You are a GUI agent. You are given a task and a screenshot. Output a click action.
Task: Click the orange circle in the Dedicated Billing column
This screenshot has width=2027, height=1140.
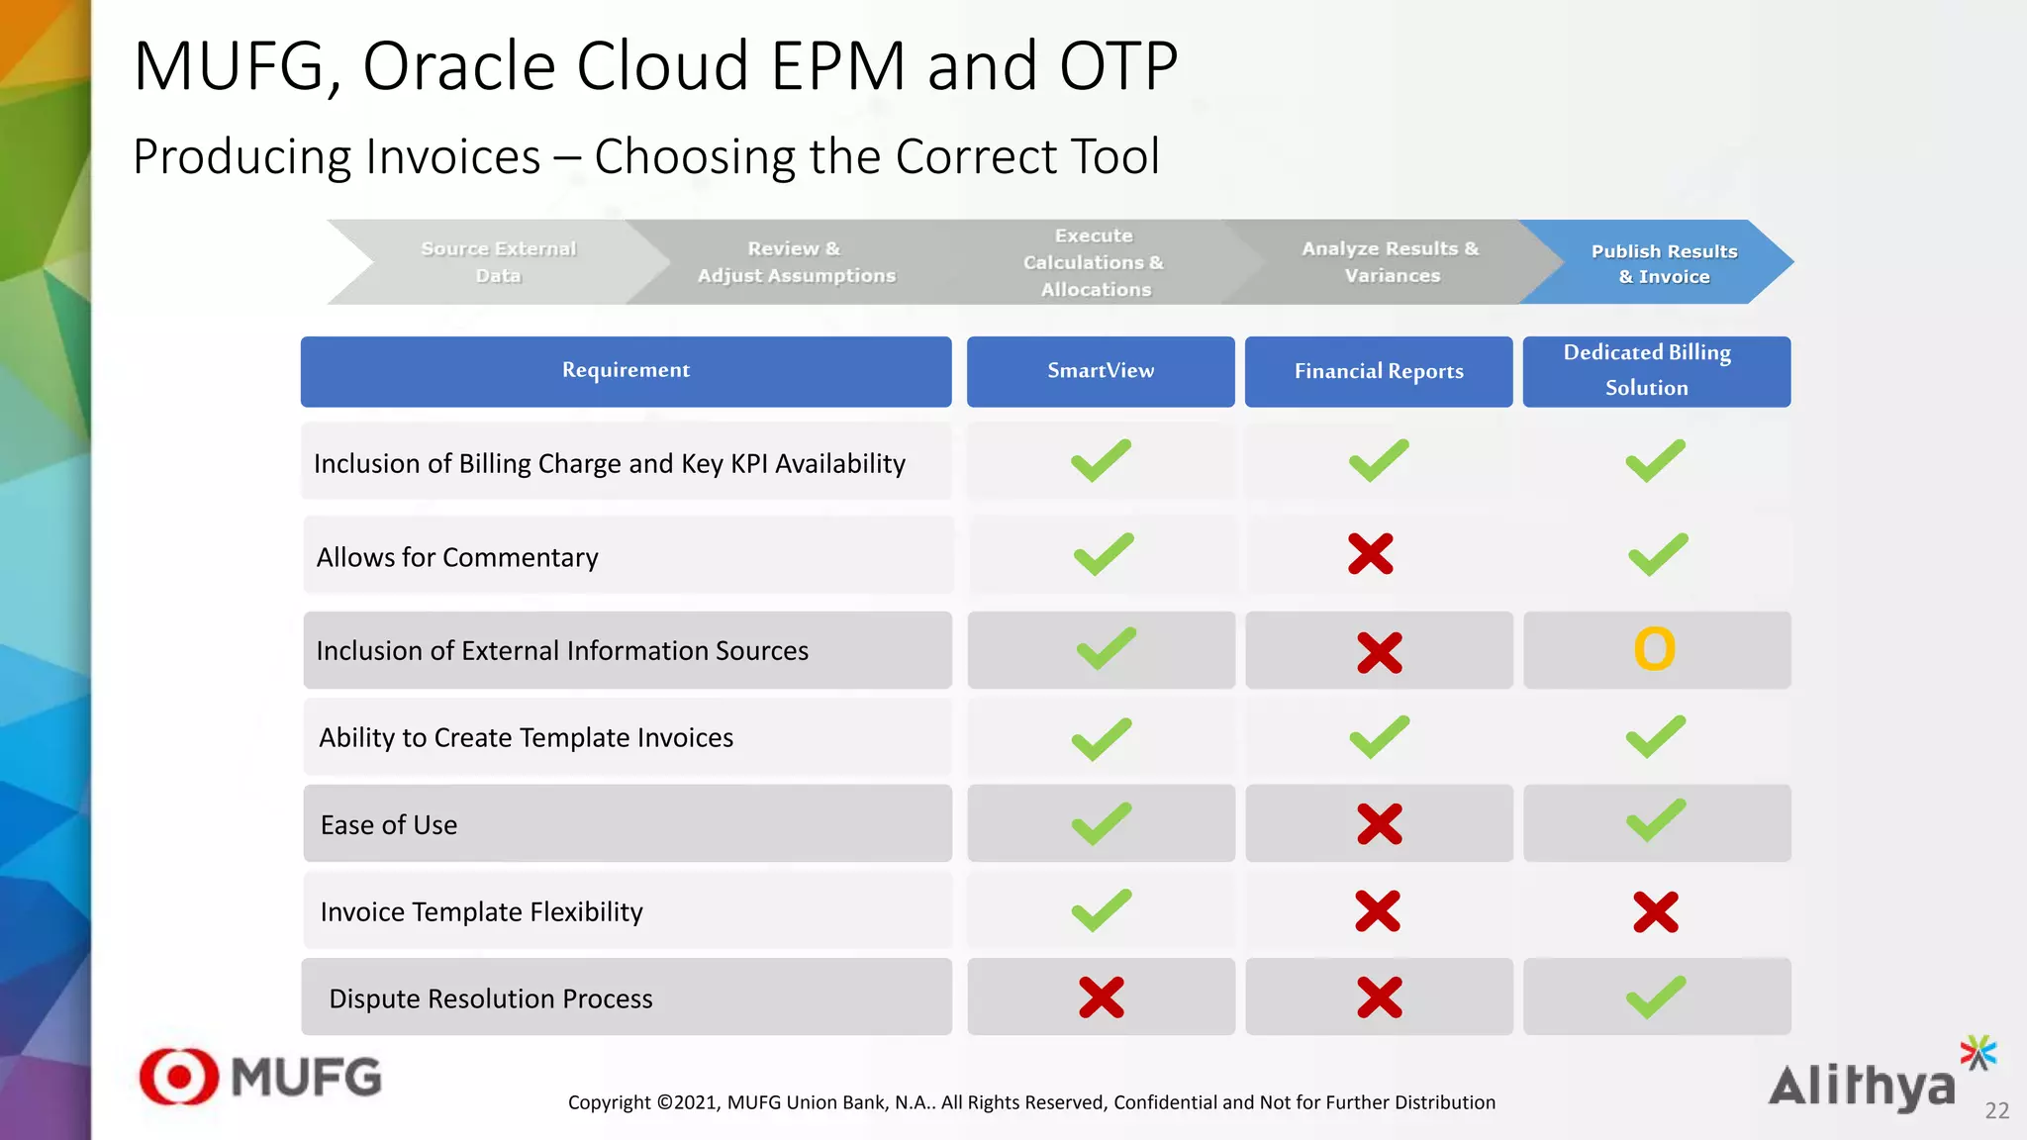tap(1654, 649)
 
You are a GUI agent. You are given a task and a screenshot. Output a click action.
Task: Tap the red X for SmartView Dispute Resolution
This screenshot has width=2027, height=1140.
tap(1101, 997)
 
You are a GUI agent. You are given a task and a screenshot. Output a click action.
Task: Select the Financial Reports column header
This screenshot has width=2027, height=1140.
tap(1379, 371)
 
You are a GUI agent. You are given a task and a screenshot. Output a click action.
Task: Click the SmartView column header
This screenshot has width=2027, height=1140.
tap(1101, 371)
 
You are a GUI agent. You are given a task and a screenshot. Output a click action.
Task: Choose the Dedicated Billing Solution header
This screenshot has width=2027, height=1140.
tap(1656, 371)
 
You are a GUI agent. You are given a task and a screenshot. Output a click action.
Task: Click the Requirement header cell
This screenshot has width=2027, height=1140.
tap(626, 371)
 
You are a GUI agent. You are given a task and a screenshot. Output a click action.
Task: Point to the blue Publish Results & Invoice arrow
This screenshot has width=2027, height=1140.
tap(1663, 263)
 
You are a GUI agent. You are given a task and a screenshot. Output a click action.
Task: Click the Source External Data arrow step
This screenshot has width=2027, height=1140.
tap(498, 262)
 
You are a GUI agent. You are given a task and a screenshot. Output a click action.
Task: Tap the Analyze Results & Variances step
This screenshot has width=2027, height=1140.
tap(1390, 262)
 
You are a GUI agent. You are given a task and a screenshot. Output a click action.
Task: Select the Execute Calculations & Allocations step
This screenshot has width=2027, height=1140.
tap(1094, 262)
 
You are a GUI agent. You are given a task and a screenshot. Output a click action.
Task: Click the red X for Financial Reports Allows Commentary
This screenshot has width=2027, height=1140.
tap(1370, 554)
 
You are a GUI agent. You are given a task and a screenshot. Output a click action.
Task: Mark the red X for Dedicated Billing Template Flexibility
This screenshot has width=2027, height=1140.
tap(1655, 911)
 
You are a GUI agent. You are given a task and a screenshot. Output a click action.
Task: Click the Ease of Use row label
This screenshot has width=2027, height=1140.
tap(389, 825)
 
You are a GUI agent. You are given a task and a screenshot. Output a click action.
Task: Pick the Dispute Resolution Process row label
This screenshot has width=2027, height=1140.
tap(490, 998)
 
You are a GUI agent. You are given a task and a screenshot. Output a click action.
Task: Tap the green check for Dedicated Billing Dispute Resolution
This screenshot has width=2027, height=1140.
tap(1655, 997)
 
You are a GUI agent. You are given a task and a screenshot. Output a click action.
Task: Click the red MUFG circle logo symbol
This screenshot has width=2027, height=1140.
tap(179, 1077)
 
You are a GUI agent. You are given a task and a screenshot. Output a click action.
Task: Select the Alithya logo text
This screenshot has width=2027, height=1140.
tap(1861, 1087)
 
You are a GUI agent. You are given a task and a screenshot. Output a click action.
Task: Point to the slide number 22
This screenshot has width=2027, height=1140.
tap(1996, 1110)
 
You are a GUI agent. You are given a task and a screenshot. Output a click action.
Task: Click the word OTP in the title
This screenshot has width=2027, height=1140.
tap(1117, 67)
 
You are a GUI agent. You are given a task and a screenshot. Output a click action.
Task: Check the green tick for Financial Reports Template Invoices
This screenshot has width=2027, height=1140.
tap(1378, 737)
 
